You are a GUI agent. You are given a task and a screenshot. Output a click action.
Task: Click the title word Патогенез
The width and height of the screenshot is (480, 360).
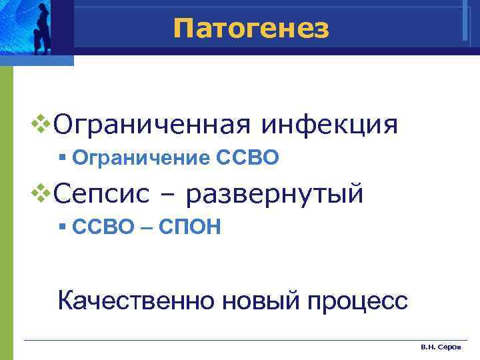tap(251, 28)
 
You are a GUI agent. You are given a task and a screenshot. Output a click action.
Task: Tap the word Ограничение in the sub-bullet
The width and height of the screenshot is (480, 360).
tap(141, 158)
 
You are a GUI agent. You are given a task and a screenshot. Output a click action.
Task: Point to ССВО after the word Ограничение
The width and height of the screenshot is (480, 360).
tap(247, 158)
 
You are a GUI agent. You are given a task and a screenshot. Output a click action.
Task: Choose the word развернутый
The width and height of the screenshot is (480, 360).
tap(275, 194)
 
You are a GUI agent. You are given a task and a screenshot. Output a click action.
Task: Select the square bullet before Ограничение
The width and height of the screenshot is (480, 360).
tap(61, 158)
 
